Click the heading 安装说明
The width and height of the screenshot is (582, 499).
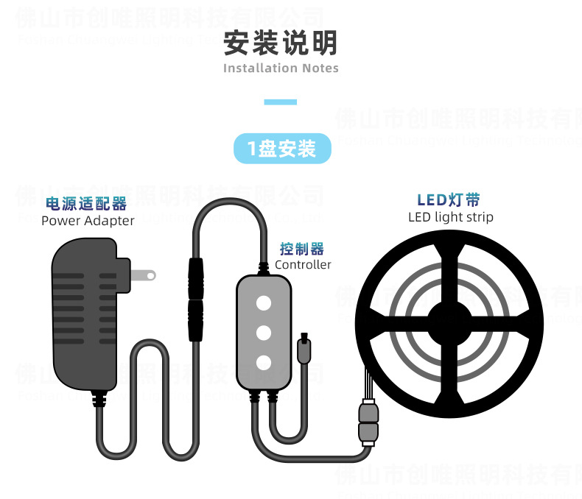click(281, 43)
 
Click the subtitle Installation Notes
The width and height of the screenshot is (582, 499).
click(281, 68)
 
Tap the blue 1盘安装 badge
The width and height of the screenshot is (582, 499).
click(282, 149)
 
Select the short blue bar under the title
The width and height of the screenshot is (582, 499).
click(281, 102)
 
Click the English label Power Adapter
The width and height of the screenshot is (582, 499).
click(88, 221)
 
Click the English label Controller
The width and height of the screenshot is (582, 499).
click(303, 265)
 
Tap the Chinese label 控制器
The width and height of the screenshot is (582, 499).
click(302, 249)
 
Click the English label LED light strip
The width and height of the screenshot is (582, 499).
click(450, 217)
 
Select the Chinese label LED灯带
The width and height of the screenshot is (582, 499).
click(449, 199)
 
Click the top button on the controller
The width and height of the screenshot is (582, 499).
click(263, 302)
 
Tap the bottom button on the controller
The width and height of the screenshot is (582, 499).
click(263, 361)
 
